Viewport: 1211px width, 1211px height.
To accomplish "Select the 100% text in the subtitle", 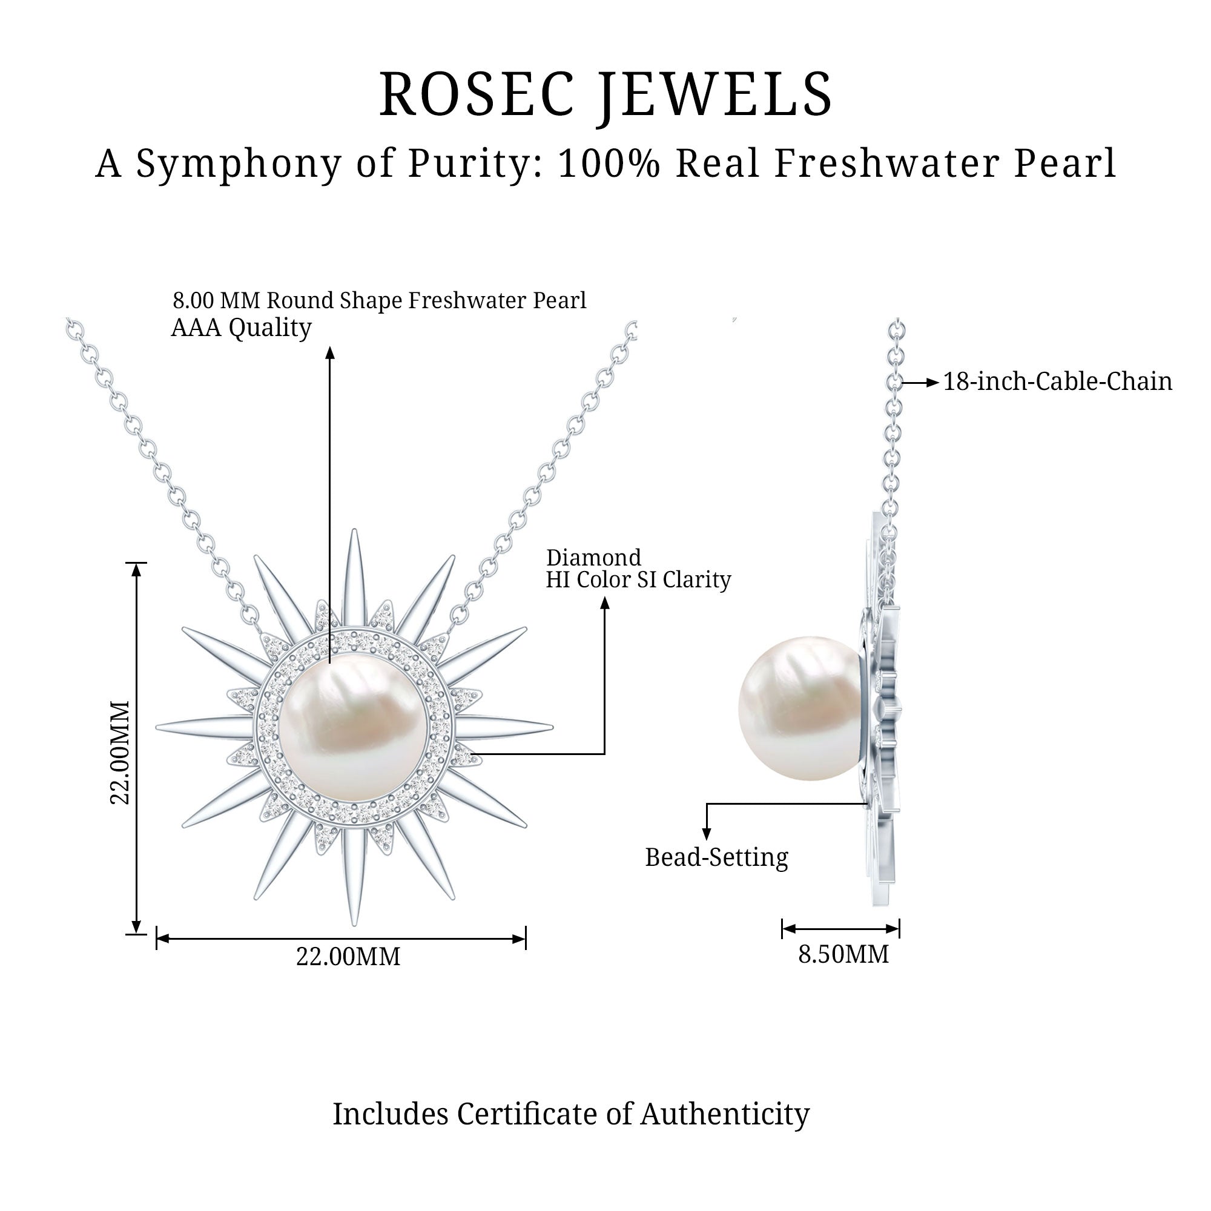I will (x=608, y=163).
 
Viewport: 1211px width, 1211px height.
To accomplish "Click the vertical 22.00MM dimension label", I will (x=120, y=752).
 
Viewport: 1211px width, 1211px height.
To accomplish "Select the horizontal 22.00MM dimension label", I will (x=348, y=957).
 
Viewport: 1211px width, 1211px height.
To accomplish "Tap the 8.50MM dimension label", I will (x=843, y=954).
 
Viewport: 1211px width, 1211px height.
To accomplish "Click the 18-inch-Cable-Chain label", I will (x=1057, y=381).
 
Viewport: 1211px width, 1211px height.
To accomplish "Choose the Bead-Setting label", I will (x=716, y=857).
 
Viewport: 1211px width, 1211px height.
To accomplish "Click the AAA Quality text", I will (x=242, y=328).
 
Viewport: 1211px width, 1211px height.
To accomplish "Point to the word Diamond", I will (x=593, y=557).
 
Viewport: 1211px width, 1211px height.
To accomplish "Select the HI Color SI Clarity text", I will (x=638, y=580).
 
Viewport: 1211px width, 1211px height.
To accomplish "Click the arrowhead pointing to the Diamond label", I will (x=605, y=602).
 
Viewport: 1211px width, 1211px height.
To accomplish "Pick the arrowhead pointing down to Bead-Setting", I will (x=707, y=834).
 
